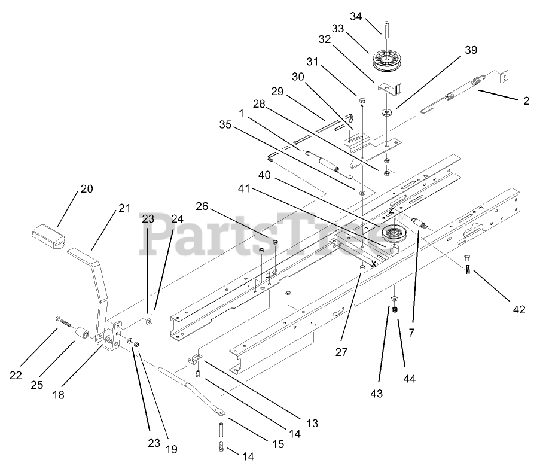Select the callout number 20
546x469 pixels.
click(87, 188)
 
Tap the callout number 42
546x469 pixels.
click(518, 309)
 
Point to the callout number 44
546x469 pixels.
click(410, 379)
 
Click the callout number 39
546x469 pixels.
click(471, 50)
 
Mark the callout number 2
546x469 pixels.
click(526, 101)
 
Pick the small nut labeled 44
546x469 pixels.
click(395, 309)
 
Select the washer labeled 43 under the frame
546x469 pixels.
click(395, 298)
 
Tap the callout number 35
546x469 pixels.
click(224, 125)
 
